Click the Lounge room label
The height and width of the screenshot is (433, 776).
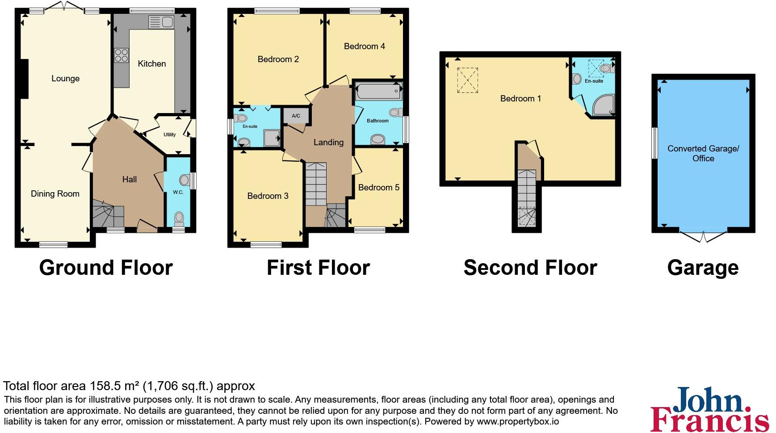click(x=65, y=79)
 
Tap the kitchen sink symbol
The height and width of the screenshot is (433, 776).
click(x=161, y=21)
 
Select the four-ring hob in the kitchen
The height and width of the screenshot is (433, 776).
click(x=121, y=55)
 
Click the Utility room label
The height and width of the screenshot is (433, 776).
click(x=169, y=135)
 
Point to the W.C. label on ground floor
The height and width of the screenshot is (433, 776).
click(x=178, y=192)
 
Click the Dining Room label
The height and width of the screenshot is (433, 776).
click(x=55, y=193)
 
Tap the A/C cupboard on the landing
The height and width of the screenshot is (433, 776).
click(x=296, y=116)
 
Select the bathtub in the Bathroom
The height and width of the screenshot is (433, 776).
click(x=378, y=92)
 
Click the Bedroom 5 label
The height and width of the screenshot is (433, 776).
click(x=378, y=187)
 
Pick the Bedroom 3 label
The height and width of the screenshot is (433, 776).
click(x=268, y=196)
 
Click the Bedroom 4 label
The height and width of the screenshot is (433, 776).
click(x=364, y=46)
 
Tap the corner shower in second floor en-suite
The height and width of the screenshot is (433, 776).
click(x=603, y=106)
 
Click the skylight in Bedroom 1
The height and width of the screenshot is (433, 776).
click(x=467, y=80)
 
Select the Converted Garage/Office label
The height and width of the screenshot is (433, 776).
click(x=703, y=153)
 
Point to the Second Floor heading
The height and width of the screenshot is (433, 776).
click(x=530, y=268)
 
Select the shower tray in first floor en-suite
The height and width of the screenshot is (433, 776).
click(x=271, y=138)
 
